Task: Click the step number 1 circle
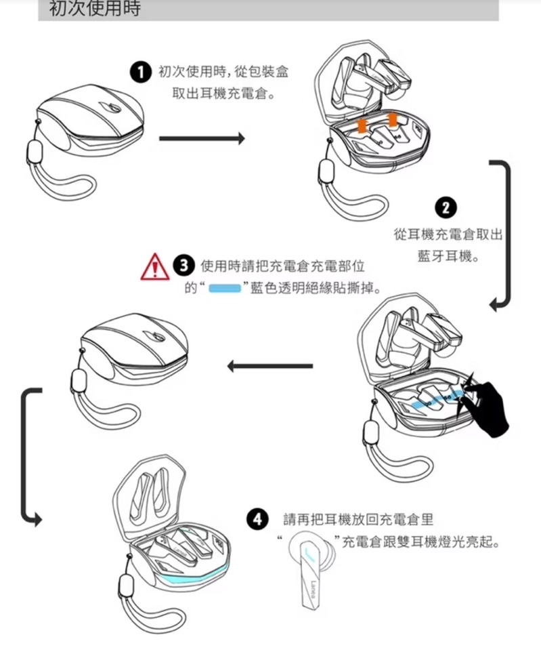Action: tap(140, 73)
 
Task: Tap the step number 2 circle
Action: tap(446, 208)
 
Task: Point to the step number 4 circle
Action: tap(257, 519)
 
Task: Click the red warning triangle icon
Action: tap(154, 267)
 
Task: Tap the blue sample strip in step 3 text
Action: tap(225, 288)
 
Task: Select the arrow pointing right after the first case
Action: tap(202, 138)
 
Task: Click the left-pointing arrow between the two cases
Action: tap(270, 366)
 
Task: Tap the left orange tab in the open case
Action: tap(362, 125)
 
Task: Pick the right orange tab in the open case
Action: tap(393, 120)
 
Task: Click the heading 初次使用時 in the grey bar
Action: tap(95, 8)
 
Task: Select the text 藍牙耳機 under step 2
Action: tap(446, 255)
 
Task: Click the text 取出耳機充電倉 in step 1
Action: tap(219, 94)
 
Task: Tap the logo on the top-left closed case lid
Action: tap(110, 108)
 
